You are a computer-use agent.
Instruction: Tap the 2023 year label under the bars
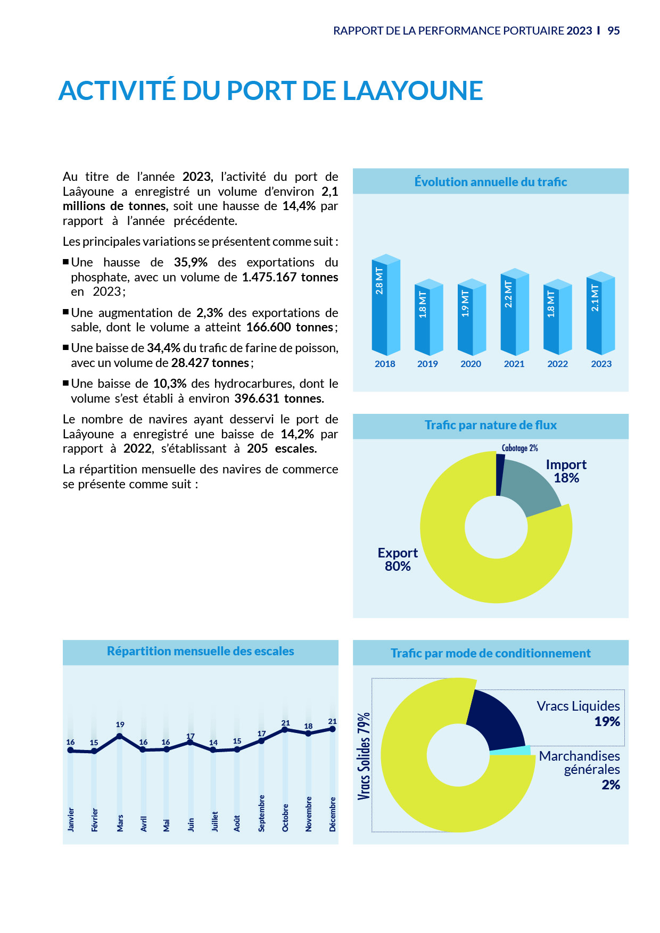coord(601,364)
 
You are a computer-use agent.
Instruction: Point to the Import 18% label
coord(566,471)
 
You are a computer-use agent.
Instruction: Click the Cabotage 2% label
coord(519,448)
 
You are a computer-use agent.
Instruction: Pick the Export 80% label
coord(398,560)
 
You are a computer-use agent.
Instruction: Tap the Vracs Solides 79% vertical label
coord(364,756)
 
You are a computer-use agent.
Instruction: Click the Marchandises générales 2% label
coord(580,770)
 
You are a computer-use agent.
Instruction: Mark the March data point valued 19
coord(120,736)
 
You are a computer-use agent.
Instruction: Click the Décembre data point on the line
coord(332,729)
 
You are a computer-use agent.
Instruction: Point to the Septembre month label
coord(261,813)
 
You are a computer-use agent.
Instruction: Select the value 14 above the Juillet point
coord(213,743)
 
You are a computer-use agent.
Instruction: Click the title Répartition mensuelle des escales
coord(201,651)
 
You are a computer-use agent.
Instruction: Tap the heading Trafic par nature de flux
coord(490,425)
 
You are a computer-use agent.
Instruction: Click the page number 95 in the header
coord(614,31)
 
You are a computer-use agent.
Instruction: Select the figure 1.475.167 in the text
coord(269,277)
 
